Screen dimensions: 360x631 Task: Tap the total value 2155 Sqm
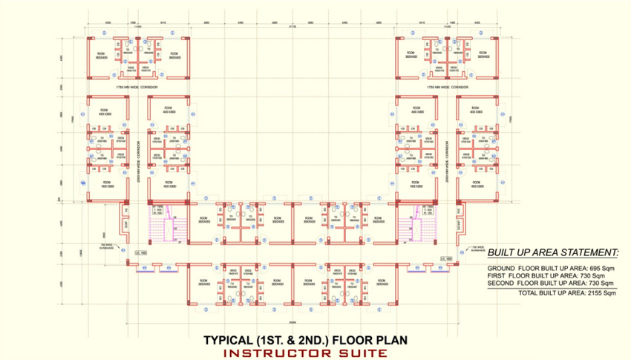click(601, 293)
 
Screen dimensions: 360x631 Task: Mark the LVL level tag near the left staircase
click(142, 254)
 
